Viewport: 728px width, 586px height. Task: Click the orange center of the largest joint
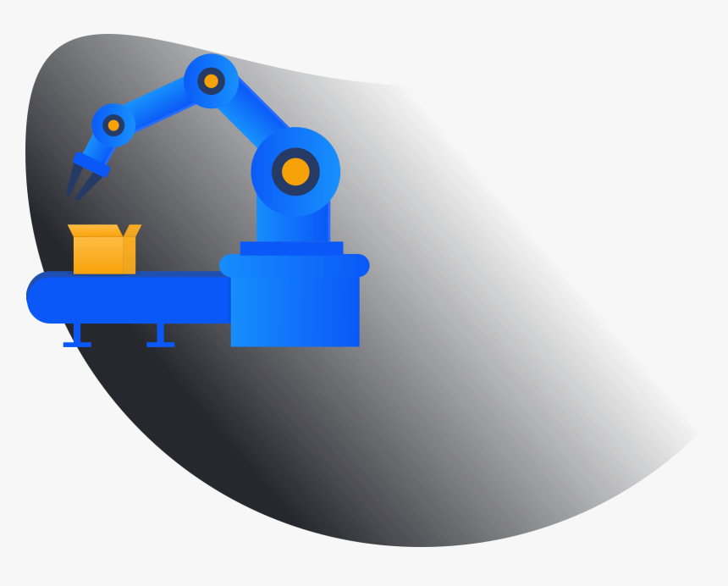point(295,172)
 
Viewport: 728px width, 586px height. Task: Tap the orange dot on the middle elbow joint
point(211,81)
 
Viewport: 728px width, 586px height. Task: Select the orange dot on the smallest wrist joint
point(113,125)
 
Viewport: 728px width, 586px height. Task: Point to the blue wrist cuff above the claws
point(91,163)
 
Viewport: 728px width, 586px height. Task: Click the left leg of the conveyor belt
point(77,333)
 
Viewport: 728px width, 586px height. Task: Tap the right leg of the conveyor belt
point(160,333)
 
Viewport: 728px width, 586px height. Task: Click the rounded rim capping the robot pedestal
point(294,266)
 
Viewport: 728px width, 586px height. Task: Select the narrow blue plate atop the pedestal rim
point(291,248)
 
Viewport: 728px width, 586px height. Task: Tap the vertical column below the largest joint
point(293,224)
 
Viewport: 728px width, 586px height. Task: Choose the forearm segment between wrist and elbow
point(161,104)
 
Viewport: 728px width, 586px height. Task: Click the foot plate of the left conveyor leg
point(77,345)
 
